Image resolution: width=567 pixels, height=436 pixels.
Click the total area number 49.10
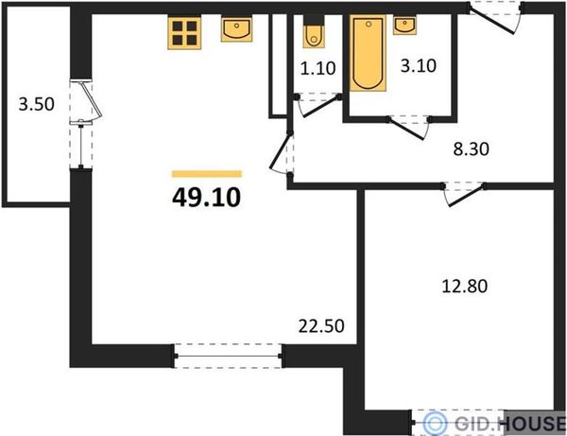coord(206,198)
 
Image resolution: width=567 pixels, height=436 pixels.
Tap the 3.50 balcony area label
coord(37,104)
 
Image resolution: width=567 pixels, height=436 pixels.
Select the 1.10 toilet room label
coord(318,68)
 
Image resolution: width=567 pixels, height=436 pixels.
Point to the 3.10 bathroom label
coord(419,66)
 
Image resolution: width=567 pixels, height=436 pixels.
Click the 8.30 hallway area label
coord(472,148)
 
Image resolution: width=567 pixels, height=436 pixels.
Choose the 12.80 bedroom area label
coord(465,287)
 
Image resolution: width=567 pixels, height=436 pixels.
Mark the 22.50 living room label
coord(321,326)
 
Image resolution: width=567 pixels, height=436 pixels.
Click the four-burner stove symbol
coord(184,32)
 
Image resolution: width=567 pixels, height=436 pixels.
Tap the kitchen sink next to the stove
coord(237,29)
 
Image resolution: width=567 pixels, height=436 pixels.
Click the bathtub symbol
coord(369,53)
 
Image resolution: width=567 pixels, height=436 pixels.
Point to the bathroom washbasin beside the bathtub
coord(405,26)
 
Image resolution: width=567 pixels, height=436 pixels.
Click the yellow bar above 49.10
coord(207,174)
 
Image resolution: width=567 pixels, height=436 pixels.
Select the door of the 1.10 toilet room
coord(318,105)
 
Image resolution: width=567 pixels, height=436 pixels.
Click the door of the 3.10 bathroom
coord(408,128)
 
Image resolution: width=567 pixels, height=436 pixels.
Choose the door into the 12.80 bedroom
coord(464,194)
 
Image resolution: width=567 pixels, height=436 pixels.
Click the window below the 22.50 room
coord(228,357)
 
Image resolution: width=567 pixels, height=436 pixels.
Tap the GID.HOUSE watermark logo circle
coord(435,423)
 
